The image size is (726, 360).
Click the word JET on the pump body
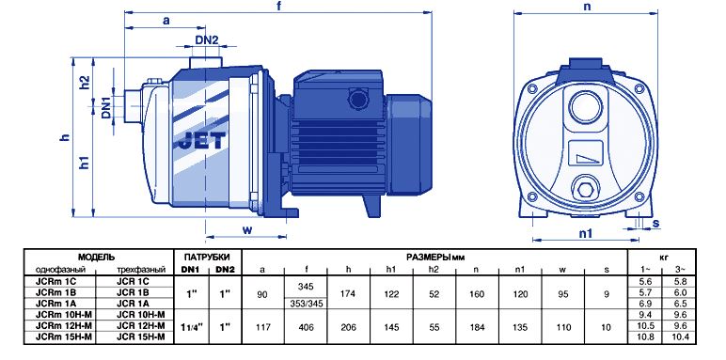(x=202, y=140)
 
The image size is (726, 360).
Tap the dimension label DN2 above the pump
(x=207, y=40)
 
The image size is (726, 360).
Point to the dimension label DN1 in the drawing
(x=106, y=108)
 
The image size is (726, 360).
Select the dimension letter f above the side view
(x=278, y=7)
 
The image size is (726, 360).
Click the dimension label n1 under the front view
(x=586, y=234)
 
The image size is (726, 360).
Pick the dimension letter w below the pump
(x=247, y=229)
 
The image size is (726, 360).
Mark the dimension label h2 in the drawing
(x=84, y=83)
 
